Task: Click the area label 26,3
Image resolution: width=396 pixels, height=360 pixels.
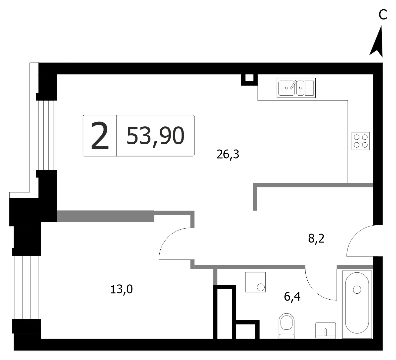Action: pos(228,154)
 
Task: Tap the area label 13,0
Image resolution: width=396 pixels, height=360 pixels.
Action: pos(121,289)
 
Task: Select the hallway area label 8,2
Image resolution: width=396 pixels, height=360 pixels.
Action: pos(316,238)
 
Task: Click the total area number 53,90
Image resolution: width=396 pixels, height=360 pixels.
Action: pos(155,136)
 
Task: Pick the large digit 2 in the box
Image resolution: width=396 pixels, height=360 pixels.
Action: pos(100,136)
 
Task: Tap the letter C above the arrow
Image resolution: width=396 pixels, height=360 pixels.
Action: pos(383,15)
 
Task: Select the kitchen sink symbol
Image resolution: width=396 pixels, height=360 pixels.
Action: pos(296,88)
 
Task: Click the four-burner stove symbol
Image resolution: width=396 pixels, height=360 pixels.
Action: pos(360,141)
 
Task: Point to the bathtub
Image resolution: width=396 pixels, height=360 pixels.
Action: pos(357,305)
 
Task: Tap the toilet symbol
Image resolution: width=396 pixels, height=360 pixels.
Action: pos(286,326)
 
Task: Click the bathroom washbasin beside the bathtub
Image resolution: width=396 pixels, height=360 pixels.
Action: pos(326,330)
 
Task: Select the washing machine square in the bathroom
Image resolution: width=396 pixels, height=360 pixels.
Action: pos(255,282)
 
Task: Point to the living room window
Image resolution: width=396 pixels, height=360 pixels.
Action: pos(46,135)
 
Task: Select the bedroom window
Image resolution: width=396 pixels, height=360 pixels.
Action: pos(26,288)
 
